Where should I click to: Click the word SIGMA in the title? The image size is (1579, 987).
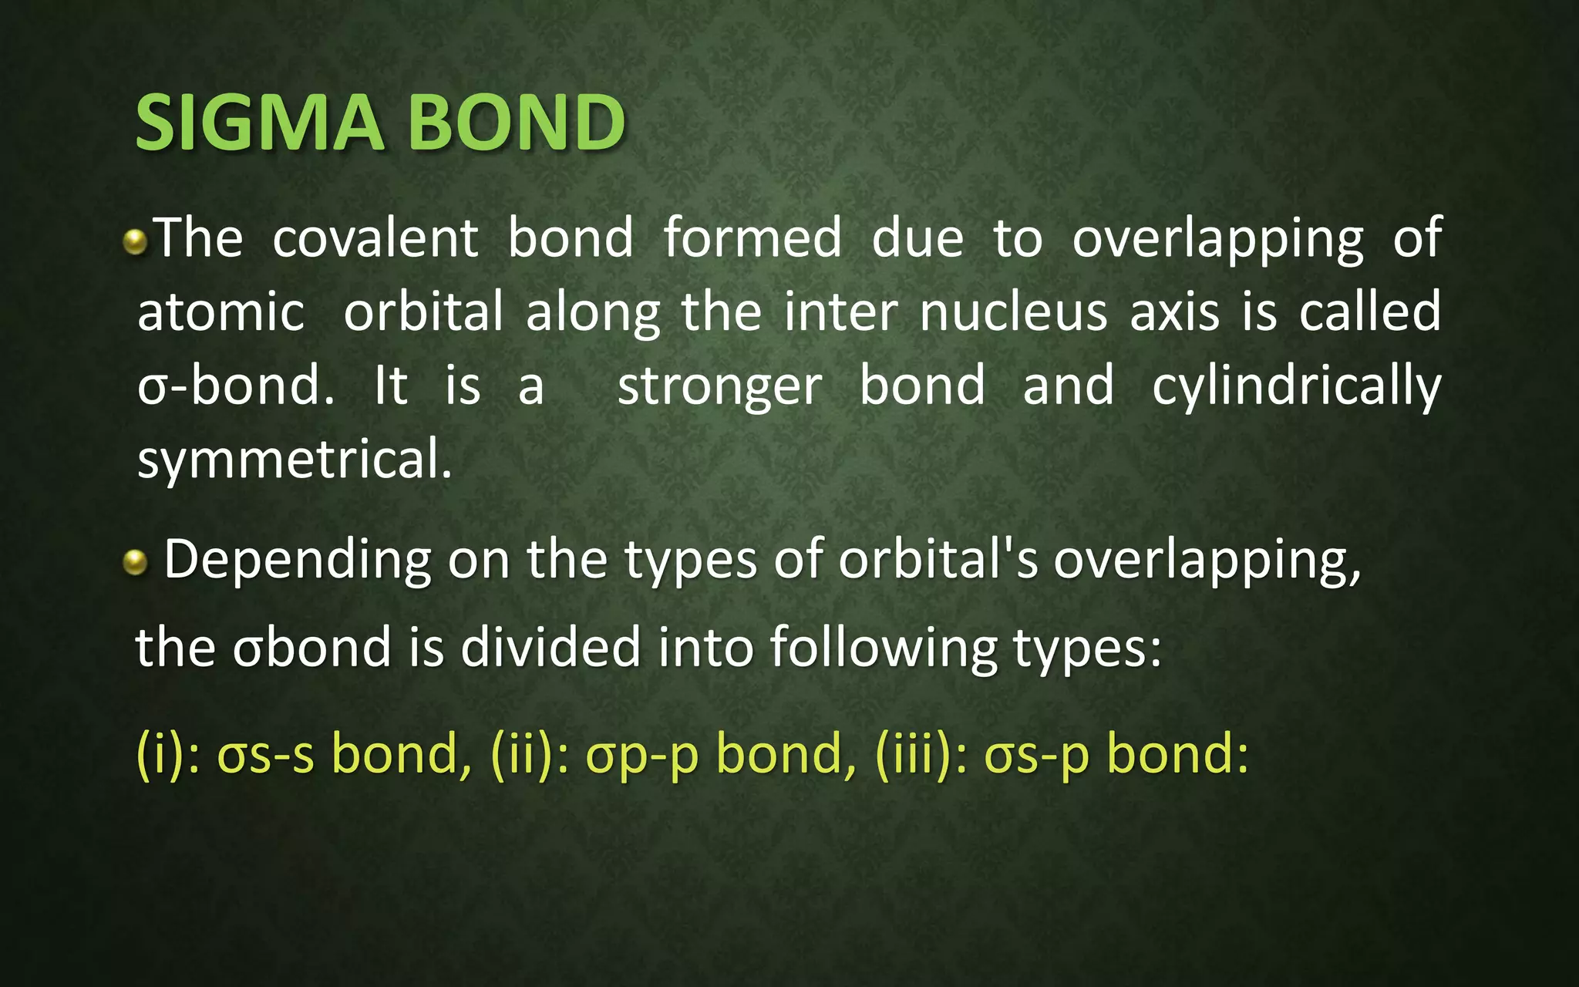point(259,123)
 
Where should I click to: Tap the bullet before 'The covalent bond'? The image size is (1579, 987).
point(135,243)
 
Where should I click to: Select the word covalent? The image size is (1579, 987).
point(375,237)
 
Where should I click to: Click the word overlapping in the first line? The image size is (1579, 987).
point(1217,239)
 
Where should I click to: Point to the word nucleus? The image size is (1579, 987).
point(1013,312)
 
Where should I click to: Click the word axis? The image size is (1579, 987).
point(1174,312)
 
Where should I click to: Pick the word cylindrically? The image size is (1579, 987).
point(1296,386)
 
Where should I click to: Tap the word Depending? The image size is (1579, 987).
point(298,561)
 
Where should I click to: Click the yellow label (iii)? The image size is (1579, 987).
point(922,753)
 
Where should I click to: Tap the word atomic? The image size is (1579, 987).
point(221,312)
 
